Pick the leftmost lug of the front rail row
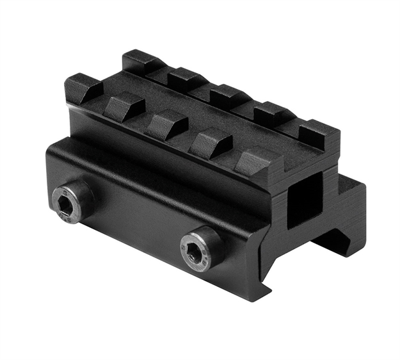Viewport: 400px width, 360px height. (83, 88)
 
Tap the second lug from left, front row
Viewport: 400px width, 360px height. (124, 106)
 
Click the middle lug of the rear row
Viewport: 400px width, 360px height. (228, 96)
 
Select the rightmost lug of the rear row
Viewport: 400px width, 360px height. (318, 135)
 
